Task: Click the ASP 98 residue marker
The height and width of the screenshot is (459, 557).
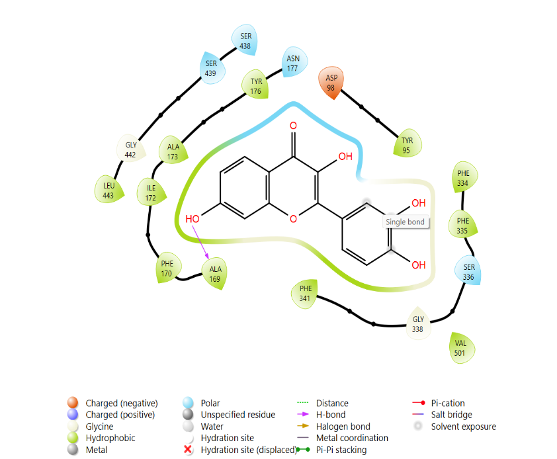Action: click(x=331, y=83)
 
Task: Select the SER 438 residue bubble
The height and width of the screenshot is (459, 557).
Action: click(x=245, y=40)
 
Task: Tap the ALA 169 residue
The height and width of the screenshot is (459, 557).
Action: click(x=214, y=274)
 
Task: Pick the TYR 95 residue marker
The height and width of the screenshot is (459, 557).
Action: click(x=407, y=145)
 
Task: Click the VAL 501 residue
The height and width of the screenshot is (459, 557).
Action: click(x=460, y=348)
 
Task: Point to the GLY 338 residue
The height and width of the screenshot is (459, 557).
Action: click(x=418, y=323)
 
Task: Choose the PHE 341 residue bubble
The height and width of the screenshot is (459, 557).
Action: click(x=304, y=294)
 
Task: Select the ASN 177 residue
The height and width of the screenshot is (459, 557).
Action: click(x=294, y=63)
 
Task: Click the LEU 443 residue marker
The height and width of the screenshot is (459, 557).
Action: click(x=108, y=190)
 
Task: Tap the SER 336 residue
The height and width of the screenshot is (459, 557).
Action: click(x=468, y=271)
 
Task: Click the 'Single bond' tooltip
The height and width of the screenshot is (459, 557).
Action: click(x=405, y=222)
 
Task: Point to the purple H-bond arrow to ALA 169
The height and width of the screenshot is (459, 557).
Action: click(x=200, y=242)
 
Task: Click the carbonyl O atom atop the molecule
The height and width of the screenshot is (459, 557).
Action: click(x=293, y=126)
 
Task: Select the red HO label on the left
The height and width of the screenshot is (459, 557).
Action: click(x=193, y=219)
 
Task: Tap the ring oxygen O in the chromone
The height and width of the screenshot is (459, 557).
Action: click(x=293, y=219)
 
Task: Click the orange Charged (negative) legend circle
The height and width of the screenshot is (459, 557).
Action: click(x=73, y=403)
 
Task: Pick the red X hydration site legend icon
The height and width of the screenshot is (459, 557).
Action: click(x=188, y=449)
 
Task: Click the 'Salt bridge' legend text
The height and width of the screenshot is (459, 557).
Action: click(x=452, y=415)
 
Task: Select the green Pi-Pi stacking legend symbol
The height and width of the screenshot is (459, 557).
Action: click(x=303, y=449)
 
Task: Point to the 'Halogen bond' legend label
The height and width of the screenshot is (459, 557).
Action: click(x=343, y=427)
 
